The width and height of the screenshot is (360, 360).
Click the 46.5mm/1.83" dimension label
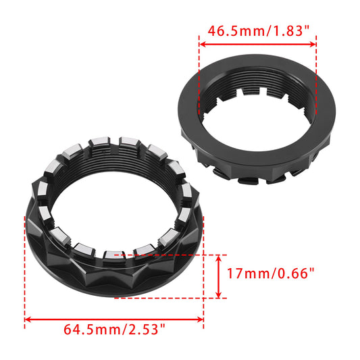257,30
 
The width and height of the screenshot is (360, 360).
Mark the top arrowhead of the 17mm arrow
219,258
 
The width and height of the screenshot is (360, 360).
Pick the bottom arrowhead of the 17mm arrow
219,294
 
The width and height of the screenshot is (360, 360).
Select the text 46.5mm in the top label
230,30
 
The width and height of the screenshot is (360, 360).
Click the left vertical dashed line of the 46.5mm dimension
199,74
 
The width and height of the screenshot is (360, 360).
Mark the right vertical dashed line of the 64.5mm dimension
203,297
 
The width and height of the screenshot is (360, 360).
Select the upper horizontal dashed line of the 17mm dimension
176,255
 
